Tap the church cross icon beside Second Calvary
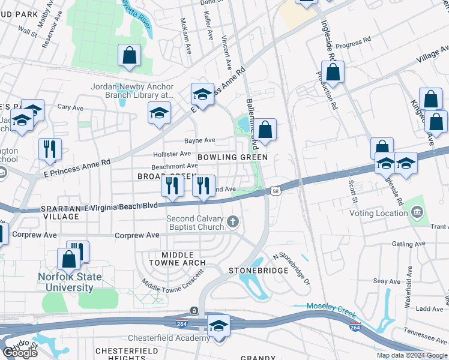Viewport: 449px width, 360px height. (233, 223)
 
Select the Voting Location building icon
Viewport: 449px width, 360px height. (417, 212)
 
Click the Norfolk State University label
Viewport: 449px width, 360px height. (70, 282)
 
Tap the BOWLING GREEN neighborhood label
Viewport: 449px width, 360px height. (232, 157)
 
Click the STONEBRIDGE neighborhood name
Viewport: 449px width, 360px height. (259, 271)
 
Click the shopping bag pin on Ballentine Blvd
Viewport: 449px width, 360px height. (266, 129)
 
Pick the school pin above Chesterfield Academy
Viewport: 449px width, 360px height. (218, 326)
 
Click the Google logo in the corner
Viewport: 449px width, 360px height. (20, 353)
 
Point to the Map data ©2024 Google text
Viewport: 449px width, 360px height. (412, 355)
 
